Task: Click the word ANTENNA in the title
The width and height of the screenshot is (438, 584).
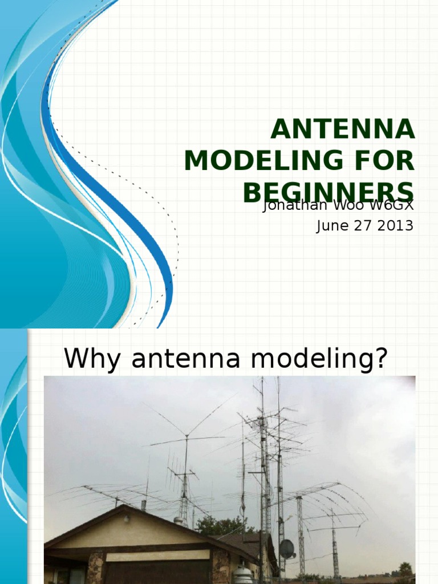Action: [x=343, y=129]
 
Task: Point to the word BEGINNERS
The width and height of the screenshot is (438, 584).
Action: [x=328, y=193]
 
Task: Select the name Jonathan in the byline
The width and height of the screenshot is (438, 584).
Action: [x=290, y=206]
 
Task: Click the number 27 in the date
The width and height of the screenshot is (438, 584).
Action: [x=360, y=226]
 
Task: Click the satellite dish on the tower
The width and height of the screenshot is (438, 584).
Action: [x=286, y=549]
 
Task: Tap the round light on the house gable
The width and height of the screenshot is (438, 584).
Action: [x=126, y=519]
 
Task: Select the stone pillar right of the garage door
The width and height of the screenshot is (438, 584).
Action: [x=220, y=567]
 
